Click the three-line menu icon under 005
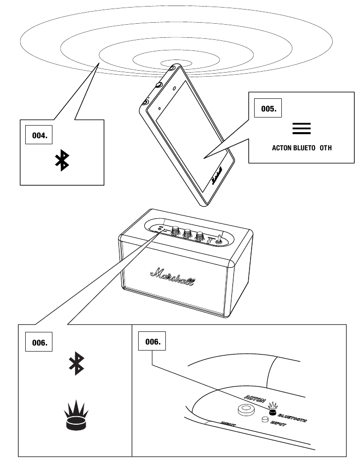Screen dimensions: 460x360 click(x=302, y=129)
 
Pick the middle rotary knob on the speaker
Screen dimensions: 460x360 click(x=188, y=234)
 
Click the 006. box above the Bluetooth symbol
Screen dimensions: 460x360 click(x=39, y=342)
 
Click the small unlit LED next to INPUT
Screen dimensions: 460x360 click(x=263, y=419)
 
